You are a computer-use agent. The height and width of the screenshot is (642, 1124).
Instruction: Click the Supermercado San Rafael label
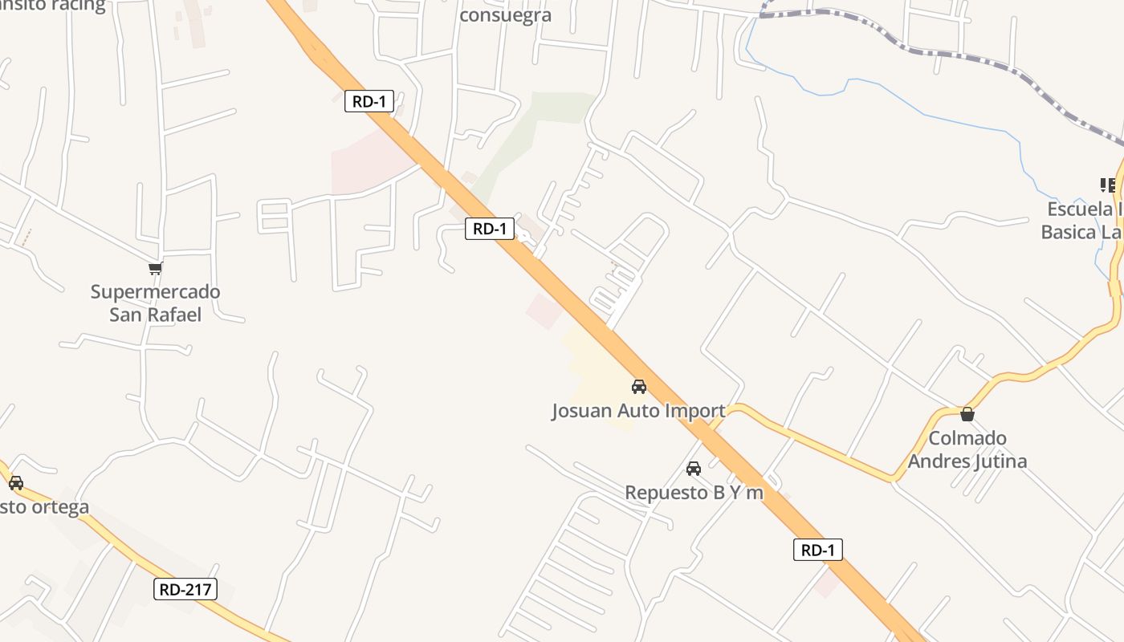[x=155, y=303]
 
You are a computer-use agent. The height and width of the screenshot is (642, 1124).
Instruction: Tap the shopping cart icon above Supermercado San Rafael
[x=155, y=268]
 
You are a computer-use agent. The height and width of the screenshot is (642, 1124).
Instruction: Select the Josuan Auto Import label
[x=638, y=411]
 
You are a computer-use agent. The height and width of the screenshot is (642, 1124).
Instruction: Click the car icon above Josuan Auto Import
[x=639, y=387]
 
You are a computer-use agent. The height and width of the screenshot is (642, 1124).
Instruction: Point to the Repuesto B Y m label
[x=694, y=492]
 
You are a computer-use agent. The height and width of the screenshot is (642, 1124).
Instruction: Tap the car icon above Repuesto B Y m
[x=694, y=469]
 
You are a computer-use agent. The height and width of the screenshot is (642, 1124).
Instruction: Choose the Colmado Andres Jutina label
[x=967, y=449]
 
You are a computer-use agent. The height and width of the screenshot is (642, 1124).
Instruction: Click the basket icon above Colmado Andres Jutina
[x=967, y=414]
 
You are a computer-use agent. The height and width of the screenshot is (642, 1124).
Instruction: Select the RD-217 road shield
[x=185, y=590]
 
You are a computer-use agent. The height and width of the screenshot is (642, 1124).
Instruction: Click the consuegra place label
[x=505, y=15]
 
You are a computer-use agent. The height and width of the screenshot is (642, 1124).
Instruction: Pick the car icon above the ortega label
[x=15, y=483]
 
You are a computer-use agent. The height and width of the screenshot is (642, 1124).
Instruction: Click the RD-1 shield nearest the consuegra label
[x=369, y=101]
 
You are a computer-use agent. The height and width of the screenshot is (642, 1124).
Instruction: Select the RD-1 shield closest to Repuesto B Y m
[x=818, y=550]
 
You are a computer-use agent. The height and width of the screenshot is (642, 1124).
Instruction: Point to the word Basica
[x=1068, y=232]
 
